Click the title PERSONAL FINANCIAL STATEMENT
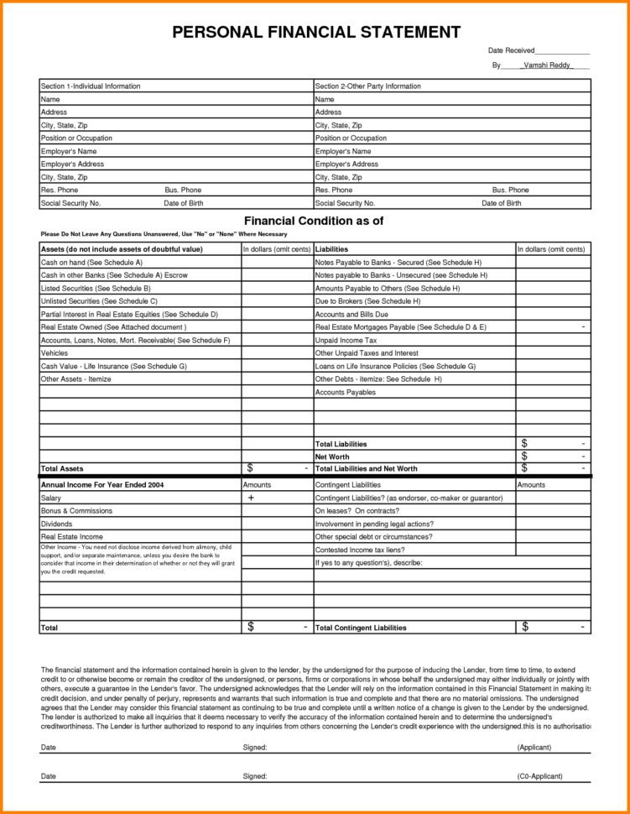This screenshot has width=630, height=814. pos(315,33)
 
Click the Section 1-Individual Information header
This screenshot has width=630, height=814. pos(91,86)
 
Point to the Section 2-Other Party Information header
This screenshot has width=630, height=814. pos(367,86)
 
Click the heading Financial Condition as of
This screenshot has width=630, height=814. pos(313,222)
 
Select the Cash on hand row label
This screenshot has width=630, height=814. pos(80,263)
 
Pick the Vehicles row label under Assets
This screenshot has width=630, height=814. pos(55,353)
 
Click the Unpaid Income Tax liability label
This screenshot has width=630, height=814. pos(346,341)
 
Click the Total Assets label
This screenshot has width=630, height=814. pos(62,468)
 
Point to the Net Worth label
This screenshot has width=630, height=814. pos(331,457)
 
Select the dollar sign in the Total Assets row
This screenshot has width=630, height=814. pos(250,467)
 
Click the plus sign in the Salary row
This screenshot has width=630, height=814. pos(251,498)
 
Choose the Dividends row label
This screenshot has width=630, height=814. pos(57,524)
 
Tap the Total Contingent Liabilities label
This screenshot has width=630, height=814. pos(361,628)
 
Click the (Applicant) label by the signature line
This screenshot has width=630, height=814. pos(534,747)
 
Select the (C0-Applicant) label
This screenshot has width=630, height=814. pos(539,776)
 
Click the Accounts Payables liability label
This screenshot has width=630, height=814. pos(346,393)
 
